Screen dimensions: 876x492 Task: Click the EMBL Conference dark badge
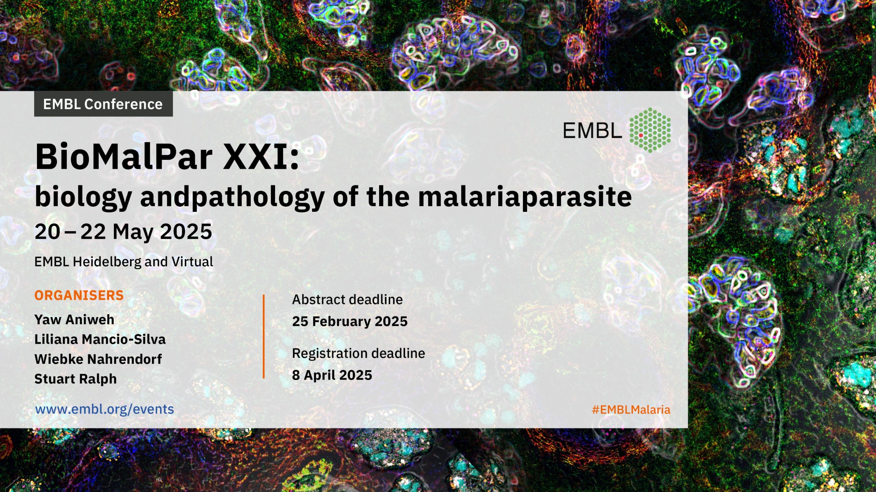[103, 104]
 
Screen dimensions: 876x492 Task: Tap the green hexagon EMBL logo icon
[650, 130]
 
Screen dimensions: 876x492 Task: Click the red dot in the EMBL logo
[641, 136]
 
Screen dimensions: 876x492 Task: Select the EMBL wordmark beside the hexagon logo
[592, 131]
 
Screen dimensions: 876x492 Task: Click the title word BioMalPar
[124, 157]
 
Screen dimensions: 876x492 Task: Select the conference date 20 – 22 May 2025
[123, 232]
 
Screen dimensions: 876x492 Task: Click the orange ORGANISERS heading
[79, 295]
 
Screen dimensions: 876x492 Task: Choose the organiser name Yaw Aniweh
[74, 320]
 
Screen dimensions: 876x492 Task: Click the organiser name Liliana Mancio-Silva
[100, 339]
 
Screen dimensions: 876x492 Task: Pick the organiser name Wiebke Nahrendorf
[98, 359]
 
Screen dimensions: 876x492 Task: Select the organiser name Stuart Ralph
[76, 379]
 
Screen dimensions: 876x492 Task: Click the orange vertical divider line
[263, 337]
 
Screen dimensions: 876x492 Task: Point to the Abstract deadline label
[347, 300]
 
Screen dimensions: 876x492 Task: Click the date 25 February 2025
[350, 322]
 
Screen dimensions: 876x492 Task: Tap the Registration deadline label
[359, 353]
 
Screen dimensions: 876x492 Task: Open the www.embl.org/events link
[105, 409]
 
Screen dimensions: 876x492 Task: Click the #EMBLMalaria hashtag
[631, 410]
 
